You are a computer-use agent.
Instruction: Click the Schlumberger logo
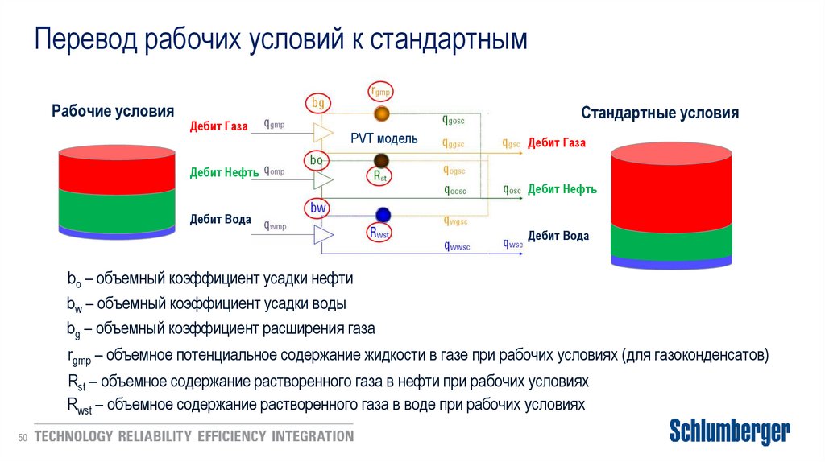pyautogui.click(x=730, y=431)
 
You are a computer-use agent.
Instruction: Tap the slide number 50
pyautogui.click(x=23, y=437)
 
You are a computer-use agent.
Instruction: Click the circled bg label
pyautogui.click(x=318, y=103)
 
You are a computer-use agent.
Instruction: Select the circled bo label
pyautogui.click(x=317, y=161)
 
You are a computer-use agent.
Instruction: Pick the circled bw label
pyautogui.click(x=318, y=208)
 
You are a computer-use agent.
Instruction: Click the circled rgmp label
pyautogui.click(x=380, y=91)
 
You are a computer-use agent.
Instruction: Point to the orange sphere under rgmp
pyautogui.click(x=381, y=113)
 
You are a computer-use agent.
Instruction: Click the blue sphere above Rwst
pyautogui.click(x=383, y=214)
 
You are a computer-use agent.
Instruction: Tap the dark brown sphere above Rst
pyautogui.click(x=381, y=160)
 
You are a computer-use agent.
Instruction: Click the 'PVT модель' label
pyautogui.click(x=383, y=138)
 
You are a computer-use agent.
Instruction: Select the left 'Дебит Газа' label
pyautogui.click(x=218, y=126)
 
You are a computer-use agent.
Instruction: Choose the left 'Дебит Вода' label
pyautogui.click(x=220, y=219)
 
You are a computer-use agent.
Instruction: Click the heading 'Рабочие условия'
pyautogui.click(x=113, y=112)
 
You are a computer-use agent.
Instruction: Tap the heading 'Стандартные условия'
pyautogui.click(x=660, y=113)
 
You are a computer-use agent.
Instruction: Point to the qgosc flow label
pyautogui.click(x=454, y=120)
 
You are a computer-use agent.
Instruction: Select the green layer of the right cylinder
pyautogui.click(x=670, y=239)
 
